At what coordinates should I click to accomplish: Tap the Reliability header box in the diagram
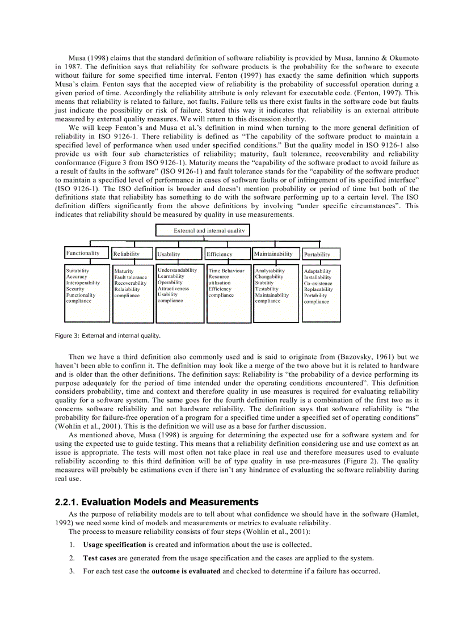133,254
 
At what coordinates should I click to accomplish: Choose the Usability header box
179,254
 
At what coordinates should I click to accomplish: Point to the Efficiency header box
227,254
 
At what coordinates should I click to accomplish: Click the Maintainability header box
275,254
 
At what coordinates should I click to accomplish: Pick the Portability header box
321,254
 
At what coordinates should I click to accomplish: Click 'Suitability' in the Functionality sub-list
78,271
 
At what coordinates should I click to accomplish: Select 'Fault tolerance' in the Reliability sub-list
131,277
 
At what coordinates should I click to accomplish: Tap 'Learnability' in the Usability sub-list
171,276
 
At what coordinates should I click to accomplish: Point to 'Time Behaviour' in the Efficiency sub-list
226,271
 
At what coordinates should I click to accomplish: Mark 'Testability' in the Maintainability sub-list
267,289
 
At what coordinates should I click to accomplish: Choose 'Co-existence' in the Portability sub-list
318,283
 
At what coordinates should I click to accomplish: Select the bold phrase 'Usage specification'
115,545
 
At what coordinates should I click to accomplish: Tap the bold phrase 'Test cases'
100,558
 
